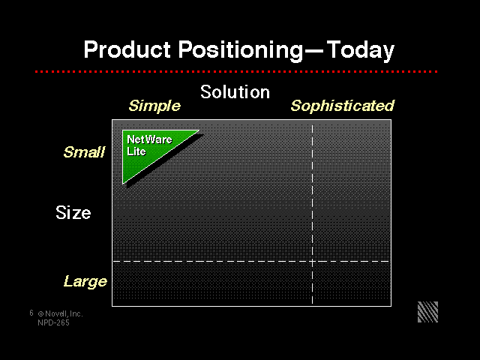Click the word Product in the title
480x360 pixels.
[127, 49]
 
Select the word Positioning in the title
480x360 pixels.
[241, 51]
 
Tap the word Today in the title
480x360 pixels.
[360, 51]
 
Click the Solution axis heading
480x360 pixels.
[235, 91]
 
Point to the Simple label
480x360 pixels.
[154, 106]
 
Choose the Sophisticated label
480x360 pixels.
[343, 106]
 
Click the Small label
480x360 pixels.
[84, 151]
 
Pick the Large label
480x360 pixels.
[85, 282]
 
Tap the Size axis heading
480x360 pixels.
[73, 212]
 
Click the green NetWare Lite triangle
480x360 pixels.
[144, 150]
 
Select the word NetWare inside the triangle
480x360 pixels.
[149, 139]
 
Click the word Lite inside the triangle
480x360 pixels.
[136, 151]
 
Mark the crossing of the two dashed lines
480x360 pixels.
[312, 262]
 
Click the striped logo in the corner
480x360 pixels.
[428, 312]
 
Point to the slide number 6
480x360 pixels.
[31, 313]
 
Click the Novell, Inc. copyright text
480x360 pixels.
[60, 313]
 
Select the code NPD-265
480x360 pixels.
[53, 322]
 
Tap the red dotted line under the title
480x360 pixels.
[236, 72]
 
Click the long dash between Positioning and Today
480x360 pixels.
[313, 52]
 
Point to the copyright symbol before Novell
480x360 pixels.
[40, 313]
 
